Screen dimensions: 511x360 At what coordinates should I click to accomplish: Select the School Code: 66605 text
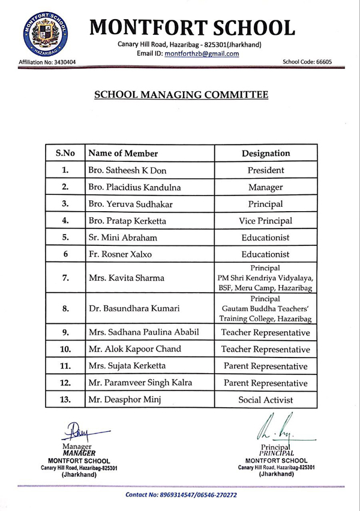point(307,62)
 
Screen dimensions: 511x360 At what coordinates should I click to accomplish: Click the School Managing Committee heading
point(181,95)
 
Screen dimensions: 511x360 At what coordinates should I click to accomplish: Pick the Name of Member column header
point(124,154)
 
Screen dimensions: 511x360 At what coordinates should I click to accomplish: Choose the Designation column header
point(266,154)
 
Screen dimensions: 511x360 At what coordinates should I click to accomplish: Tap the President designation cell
point(266,170)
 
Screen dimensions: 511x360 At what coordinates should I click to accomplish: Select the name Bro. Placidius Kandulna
point(135,187)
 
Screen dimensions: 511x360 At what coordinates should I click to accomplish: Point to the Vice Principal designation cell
point(266,221)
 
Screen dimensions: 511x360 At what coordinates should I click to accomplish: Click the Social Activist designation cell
point(266,399)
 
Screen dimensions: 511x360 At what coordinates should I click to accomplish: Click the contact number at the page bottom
point(181,495)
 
